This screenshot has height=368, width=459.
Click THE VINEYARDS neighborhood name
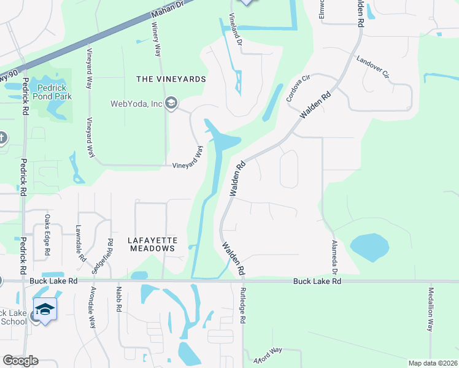(x=171, y=80)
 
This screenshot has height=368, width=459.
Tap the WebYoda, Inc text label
(x=136, y=104)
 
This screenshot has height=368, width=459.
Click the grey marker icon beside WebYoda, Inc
(x=171, y=103)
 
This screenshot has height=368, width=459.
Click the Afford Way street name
(x=265, y=355)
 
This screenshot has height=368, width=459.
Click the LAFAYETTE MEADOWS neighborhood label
(x=152, y=244)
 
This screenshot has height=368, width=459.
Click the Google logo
(x=20, y=361)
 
